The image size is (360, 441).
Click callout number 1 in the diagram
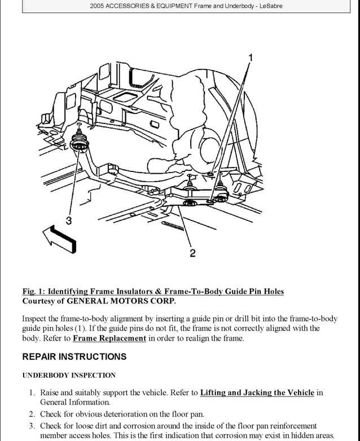point(251,57)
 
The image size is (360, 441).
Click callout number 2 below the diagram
point(192,253)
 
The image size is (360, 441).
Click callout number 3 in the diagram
point(68,220)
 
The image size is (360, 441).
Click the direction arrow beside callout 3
point(58,239)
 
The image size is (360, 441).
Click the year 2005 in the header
point(99,6)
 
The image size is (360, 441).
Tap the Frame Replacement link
point(109,338)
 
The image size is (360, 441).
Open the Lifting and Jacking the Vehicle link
point(257,393)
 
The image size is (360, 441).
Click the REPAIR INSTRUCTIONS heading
point(74,357)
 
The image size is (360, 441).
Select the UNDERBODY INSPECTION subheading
point(69,375)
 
